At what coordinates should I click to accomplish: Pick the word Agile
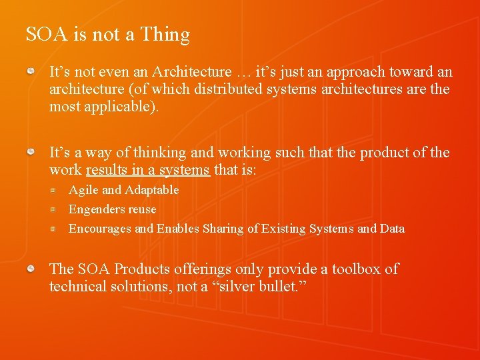tap(83, 190)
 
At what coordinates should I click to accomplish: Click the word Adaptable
tap(151, 190)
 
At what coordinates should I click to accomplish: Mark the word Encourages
tap(100, 229)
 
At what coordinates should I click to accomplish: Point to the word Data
tap(392, 229)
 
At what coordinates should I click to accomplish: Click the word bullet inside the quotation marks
tap(275, 287)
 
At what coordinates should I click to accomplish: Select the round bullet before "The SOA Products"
tap(31, 268)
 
